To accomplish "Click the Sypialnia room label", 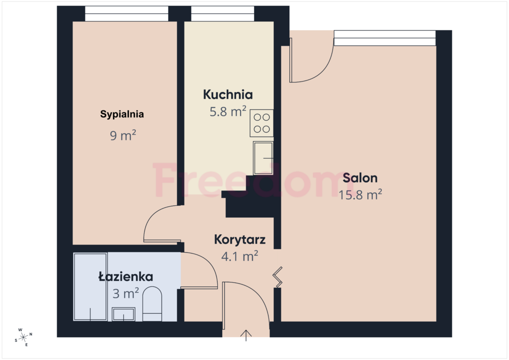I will point(122,114).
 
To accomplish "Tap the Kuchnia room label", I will point(228,94).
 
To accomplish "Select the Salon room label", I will point(360,178).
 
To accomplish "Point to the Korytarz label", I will point(240,240).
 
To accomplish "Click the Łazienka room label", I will point(125,276).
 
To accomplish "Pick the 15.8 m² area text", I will point(360,194).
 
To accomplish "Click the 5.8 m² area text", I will point(228,111).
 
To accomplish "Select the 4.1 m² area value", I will point(239,256).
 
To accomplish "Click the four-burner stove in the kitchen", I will point(262,123).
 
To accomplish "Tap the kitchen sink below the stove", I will point(263,158).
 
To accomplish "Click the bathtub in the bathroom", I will point(90,287).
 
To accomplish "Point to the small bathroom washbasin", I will point(124,314).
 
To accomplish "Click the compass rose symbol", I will point(23,337).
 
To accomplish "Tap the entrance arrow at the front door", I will point(246,335).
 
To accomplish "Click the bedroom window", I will point(126,13).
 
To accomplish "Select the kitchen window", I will point(222,13).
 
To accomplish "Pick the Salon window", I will point(384,38).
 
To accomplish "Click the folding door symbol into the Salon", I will point(278,277).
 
